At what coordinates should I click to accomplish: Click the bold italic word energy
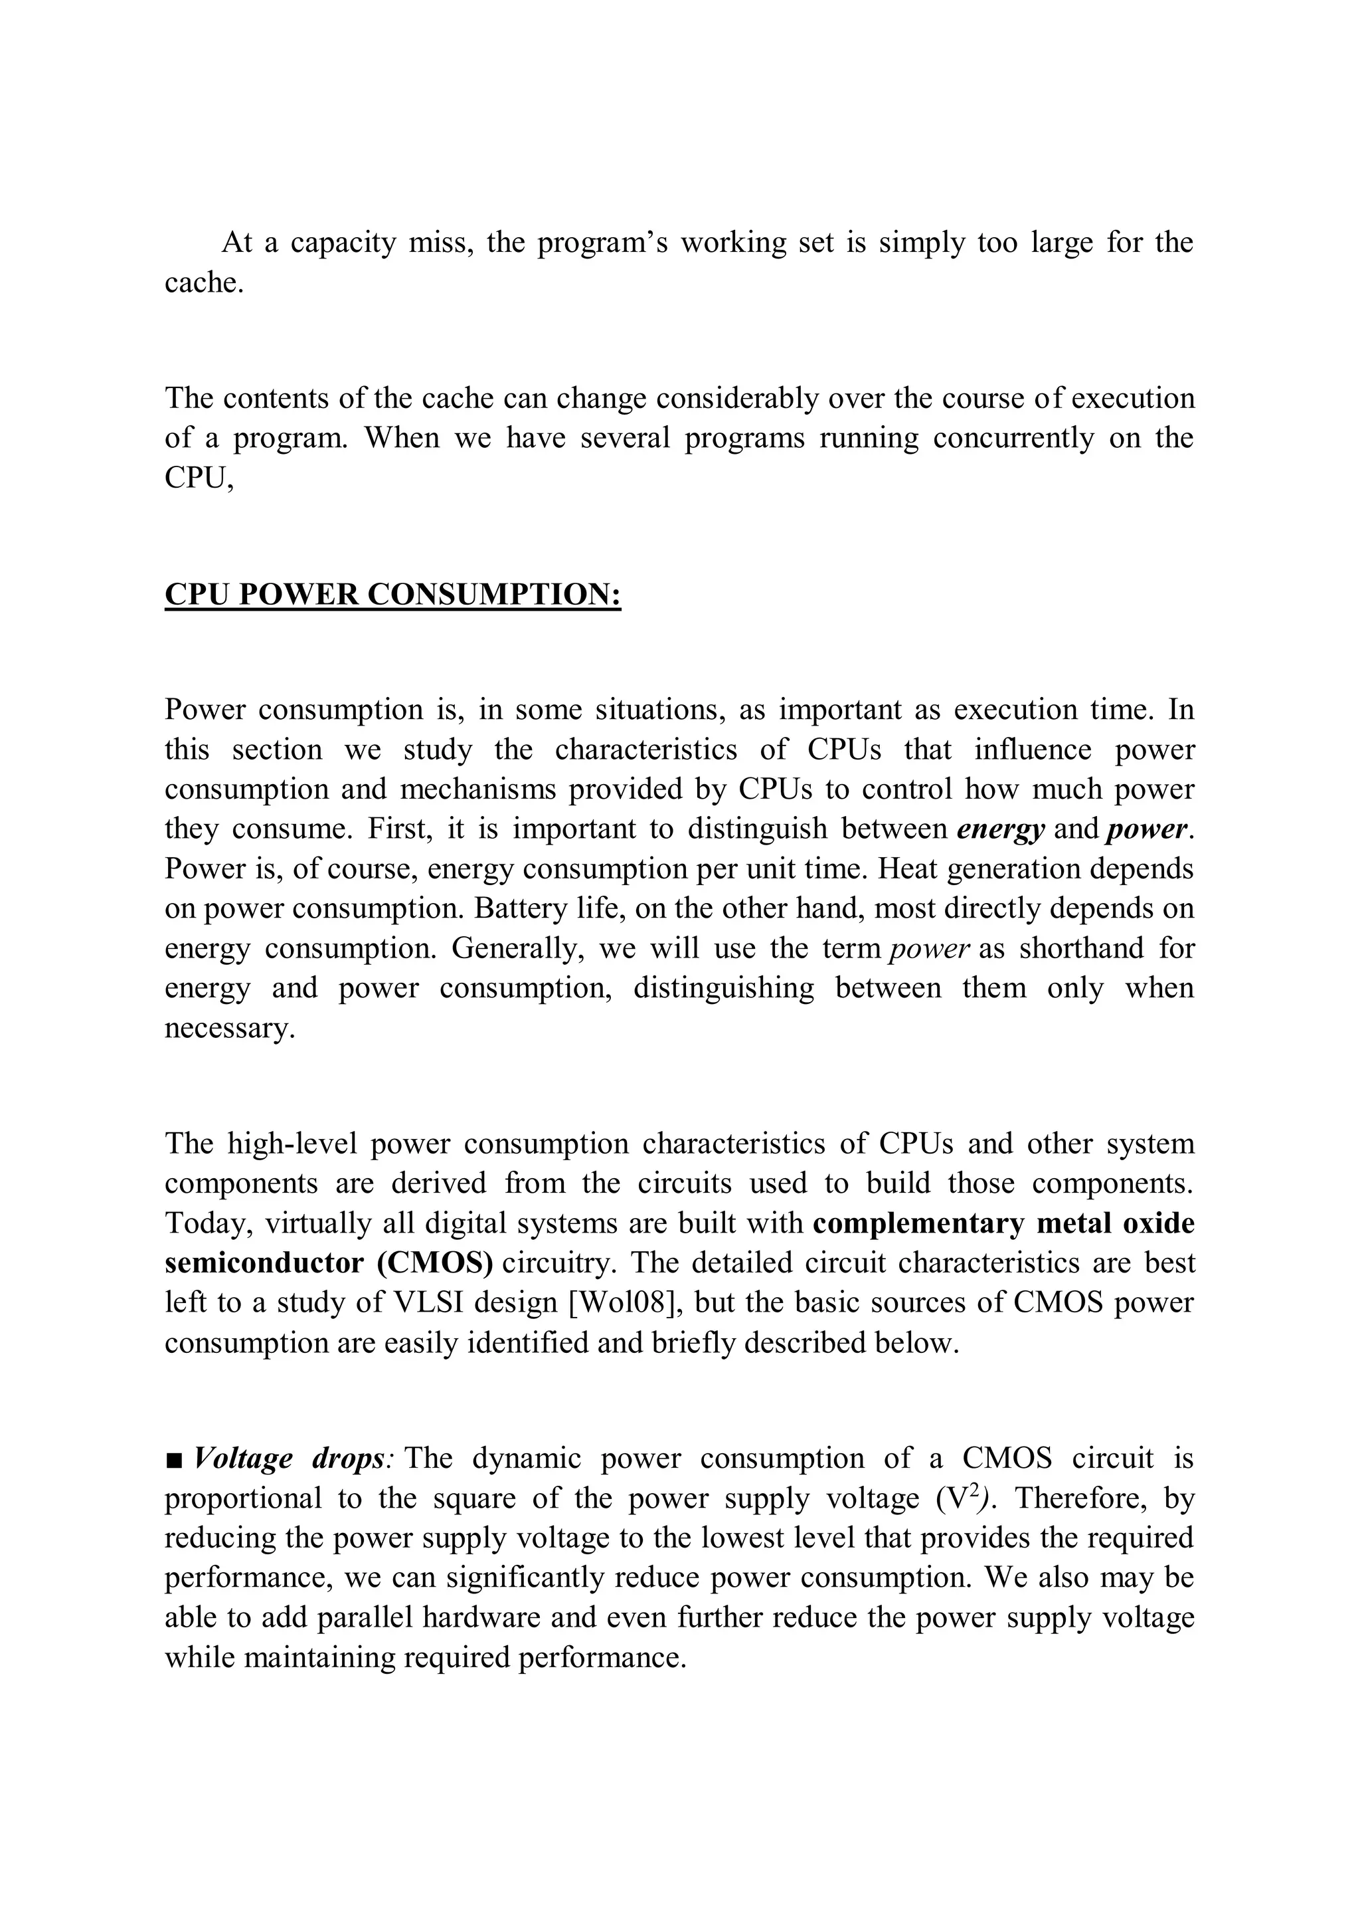[x=999, y=829]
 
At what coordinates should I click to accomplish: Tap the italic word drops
[x=348, y=1460]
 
